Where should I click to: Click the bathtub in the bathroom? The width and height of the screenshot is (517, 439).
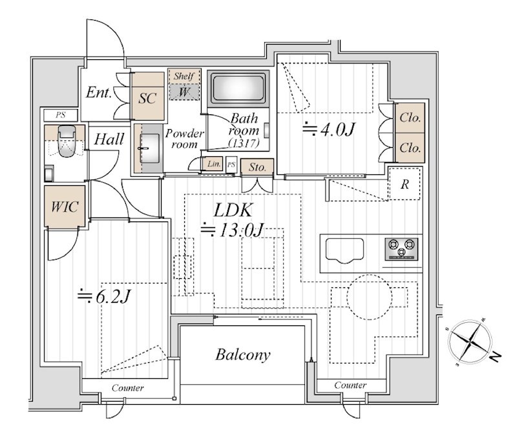(238, 88)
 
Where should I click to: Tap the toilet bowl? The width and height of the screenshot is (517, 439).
(67, 141)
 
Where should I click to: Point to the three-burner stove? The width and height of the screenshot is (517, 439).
(401, 249)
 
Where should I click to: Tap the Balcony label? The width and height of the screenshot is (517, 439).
(243, 354)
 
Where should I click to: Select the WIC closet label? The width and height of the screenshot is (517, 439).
(65, 207)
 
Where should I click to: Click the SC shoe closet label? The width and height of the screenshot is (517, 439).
(147, 98)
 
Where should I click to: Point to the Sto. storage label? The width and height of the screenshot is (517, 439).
(257, 167)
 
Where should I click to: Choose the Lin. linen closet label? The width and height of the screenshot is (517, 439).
(214, 164)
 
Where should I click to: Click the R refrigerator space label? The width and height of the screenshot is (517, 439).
(405, 184)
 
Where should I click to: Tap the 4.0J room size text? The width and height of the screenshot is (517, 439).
(328, 129)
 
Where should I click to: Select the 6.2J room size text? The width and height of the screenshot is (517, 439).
(105, 297)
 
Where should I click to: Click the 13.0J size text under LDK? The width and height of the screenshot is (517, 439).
(233, 229)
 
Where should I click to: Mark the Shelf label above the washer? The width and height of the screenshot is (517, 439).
(184, 76)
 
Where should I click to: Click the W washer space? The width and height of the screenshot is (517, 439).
(184, 92)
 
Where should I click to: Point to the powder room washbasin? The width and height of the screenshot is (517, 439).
(150, 148)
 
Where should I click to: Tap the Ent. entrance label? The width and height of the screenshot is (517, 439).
(99, 92)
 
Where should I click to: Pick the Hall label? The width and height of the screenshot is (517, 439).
(109, 139)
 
